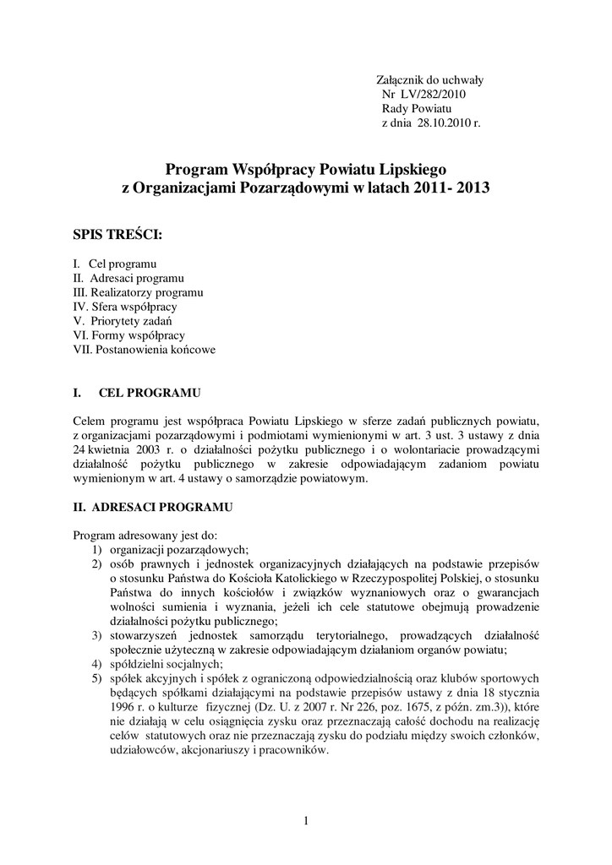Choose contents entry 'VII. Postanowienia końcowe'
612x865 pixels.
click(x=145, y=350)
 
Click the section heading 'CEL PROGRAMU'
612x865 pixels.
click(x=149, y=394)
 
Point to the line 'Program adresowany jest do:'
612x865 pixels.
click(x=146, y=536)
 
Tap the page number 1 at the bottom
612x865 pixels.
click(x=305, y=821)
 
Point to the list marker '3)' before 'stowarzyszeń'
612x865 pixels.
click(x=98, y=635)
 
